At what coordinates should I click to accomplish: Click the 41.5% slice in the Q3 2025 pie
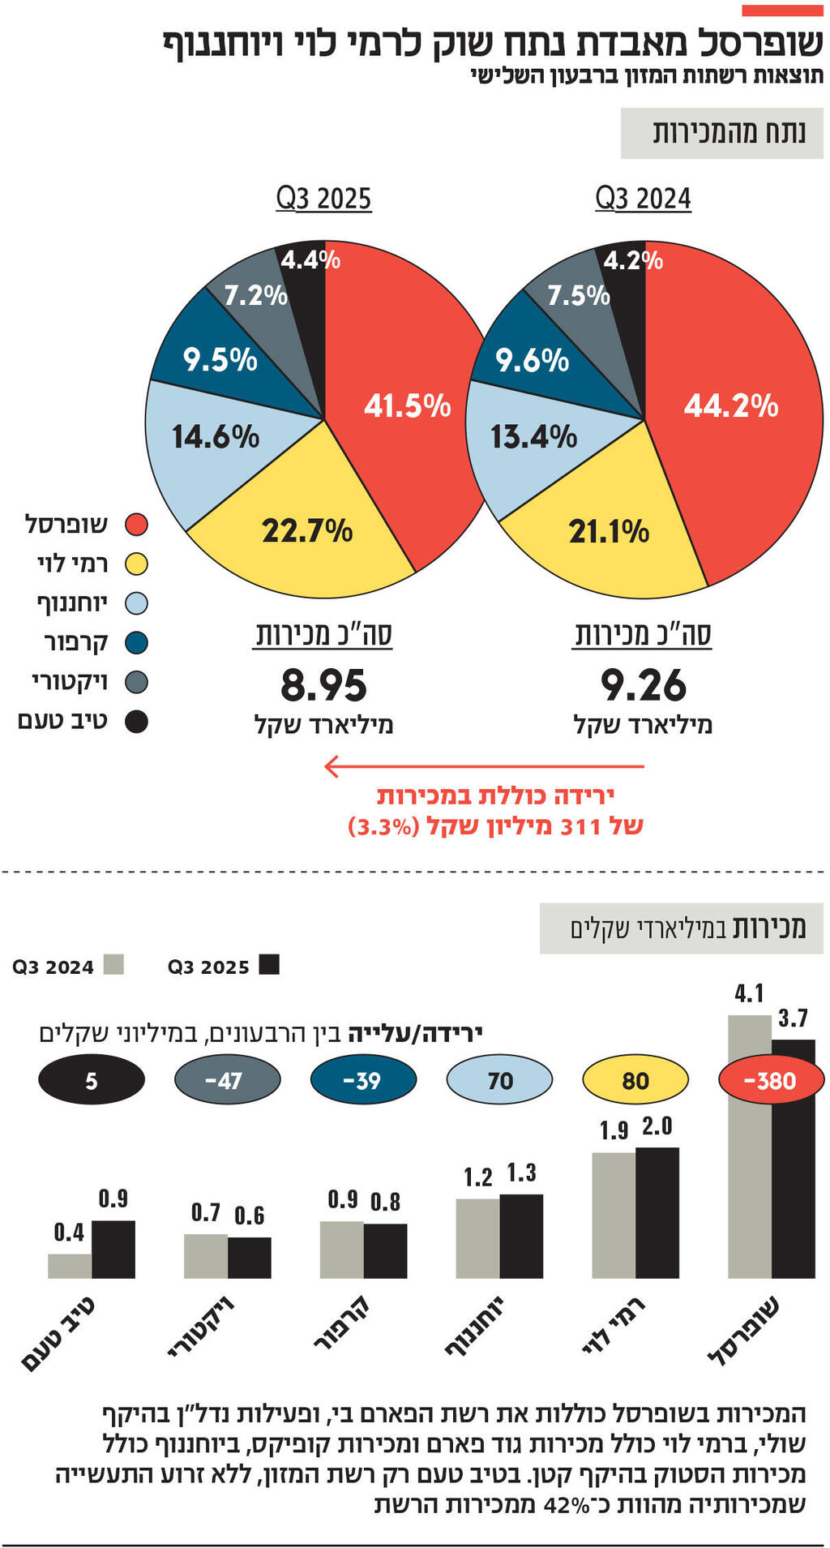[x=407, y=405]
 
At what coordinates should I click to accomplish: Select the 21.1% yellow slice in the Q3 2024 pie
[x=609, y=531]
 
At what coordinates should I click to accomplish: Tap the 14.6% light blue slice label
[x=215, y=437]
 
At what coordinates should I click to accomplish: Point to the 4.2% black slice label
[x=632, y=260]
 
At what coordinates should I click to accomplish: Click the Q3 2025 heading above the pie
[x=323, y=199]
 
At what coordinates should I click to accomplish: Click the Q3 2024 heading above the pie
[x=643, y=199]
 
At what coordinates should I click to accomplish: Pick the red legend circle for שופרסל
[x=136, y=525]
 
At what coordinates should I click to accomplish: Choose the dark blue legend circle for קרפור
[x=136, y=643]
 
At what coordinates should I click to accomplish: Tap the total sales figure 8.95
[x=323, y=685]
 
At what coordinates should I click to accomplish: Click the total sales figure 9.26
[x=643, y=685]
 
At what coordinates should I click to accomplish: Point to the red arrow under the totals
[x=483, y=765]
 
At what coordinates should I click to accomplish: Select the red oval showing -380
[x=771, y=1080]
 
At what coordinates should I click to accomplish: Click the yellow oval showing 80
[x=635, y=1080]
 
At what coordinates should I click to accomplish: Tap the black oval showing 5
[x=92, y=1080]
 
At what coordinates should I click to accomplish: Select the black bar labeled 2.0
[x=657, y=1212]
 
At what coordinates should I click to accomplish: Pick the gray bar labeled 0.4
[x=70, y=1266]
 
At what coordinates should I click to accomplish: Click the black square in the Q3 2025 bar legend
[x=269, y=964]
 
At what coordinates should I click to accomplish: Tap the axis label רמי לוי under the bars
[x=614, y=1325]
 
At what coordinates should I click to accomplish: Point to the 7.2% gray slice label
[x=255, y=295]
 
